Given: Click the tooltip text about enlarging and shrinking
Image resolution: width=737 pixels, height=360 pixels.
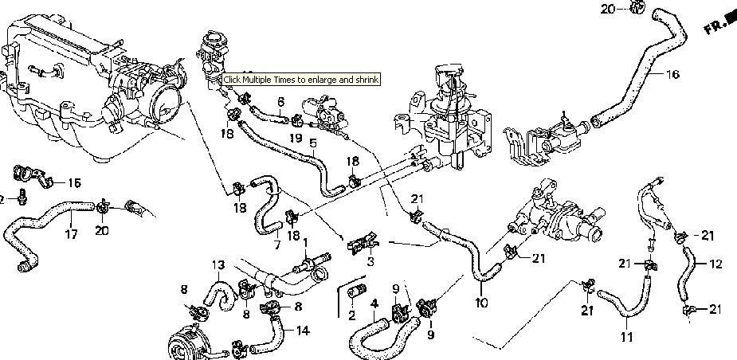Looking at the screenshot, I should [300, 80].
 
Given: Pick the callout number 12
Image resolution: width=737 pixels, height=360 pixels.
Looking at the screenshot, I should [715, 262].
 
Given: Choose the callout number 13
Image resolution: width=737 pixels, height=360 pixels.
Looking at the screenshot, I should [218, 264].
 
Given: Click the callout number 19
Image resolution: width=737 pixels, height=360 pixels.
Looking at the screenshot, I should [295, 137].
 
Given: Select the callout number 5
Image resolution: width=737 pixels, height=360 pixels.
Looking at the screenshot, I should [313, 143].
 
